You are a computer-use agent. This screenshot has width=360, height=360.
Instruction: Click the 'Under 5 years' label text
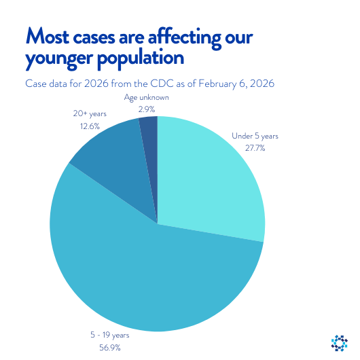255,137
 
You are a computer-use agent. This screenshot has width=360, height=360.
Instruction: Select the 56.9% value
110,348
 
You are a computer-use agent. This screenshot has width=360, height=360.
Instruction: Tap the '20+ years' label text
86,113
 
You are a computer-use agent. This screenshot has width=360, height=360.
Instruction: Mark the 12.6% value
86,125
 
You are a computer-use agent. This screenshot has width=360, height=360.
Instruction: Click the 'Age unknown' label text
146,97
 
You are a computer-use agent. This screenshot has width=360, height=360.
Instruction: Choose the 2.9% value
146,108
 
